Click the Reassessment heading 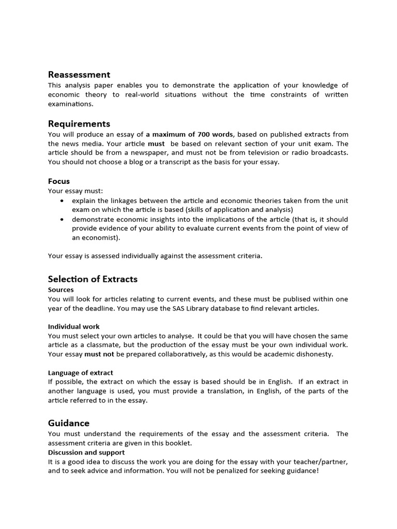click(79, 75)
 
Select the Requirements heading click(79, 124)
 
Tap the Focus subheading click(59, 181)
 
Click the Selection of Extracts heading click(93, 279)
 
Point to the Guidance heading click(69, 423)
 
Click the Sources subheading click(61, 290)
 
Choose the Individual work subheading click(74, 326)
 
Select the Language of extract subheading click(81, 372)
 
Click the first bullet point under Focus click(63, 200)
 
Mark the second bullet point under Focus click(63, 219)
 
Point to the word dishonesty click(314, 354)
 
